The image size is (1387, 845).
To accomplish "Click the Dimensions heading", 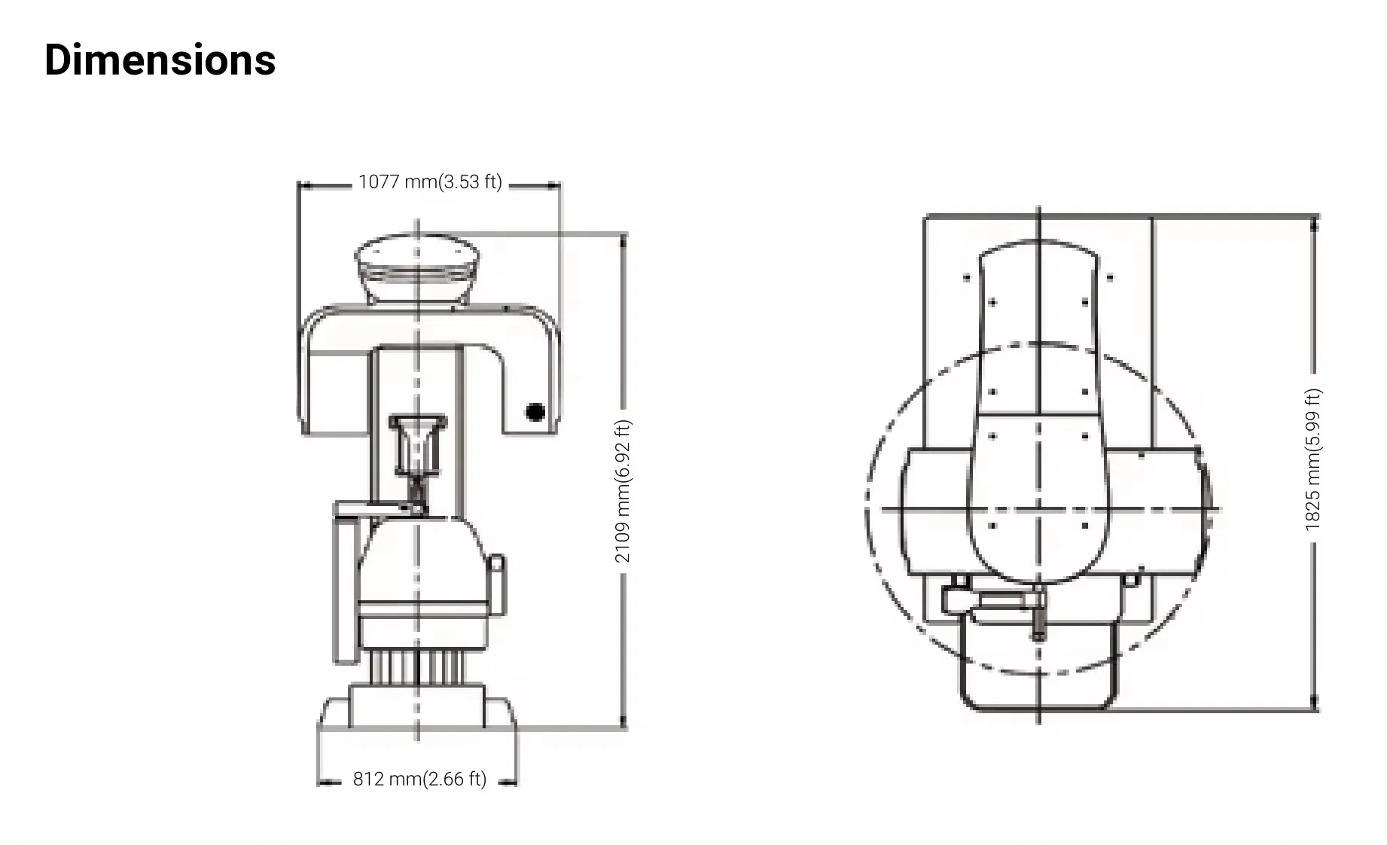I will [160, 59].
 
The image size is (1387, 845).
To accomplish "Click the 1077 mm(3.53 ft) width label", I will [430, 182].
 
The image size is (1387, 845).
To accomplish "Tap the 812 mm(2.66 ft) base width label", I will [419, 779].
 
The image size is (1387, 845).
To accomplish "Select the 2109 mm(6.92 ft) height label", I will [623, 491].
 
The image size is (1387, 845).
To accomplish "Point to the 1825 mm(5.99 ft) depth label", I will [1313, 459].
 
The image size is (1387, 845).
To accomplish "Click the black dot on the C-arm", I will [535, 412].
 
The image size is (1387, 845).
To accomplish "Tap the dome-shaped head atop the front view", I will [417, 267].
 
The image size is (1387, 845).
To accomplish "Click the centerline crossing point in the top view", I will [1038, 509].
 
